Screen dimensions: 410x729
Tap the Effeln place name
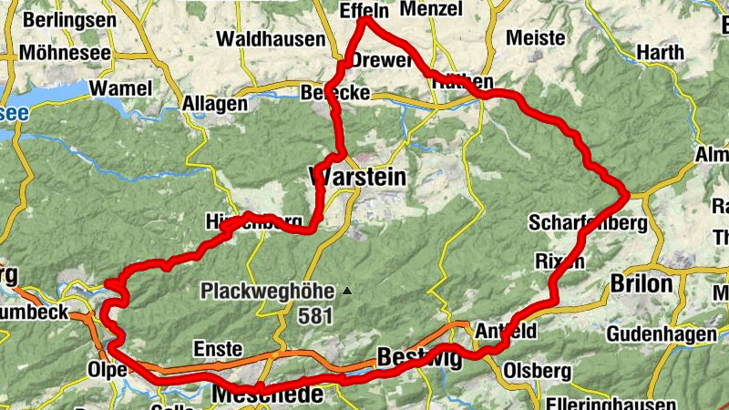click(x=364, y=11)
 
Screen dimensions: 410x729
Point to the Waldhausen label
click(x=272, y=39)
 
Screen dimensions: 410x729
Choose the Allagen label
click(x=215, y=103)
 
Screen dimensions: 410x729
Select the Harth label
click(x=660, y=53)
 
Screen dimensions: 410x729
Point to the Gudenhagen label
click(x=661, y=334)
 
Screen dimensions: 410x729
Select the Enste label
click(x=218, y=349)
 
